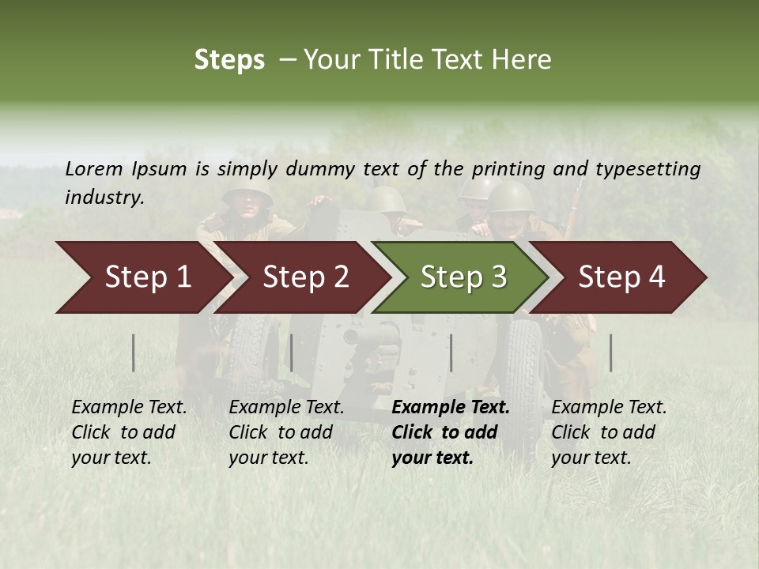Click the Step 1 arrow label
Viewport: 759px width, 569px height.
(148, 277)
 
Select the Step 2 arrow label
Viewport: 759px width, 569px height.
(306, 277)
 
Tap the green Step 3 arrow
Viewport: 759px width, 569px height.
(463, 277)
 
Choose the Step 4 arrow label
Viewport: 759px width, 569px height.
(621, 277)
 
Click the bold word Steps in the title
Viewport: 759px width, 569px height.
(229, 60)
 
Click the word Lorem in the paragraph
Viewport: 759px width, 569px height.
(93, 168)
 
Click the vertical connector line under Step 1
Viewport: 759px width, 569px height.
(134, 352)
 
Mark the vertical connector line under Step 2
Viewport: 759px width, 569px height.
(292, 352)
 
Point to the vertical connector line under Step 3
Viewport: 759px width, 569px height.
(451, 352)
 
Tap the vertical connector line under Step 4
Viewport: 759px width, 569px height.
(611, 352)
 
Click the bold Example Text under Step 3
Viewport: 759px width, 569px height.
(451, 408)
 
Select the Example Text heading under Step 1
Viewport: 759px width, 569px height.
(129, 408)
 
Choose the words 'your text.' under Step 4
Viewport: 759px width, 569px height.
(591, 458)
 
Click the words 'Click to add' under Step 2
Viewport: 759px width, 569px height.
(281, 432)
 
